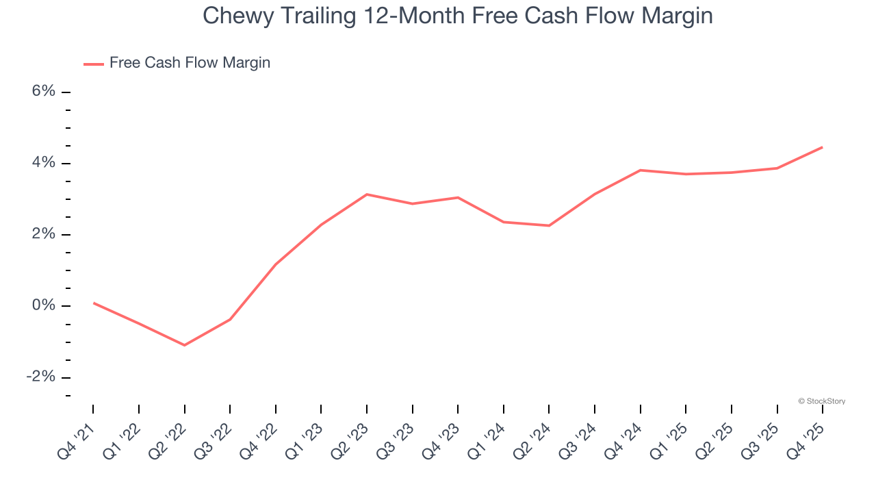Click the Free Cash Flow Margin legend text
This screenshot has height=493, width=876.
pos(190,63)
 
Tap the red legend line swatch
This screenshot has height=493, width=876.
pos(94,64)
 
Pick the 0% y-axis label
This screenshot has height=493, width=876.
pos(43,305)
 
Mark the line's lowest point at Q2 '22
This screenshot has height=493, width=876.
pos(184,345)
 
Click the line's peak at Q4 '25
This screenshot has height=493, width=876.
pos(823,147)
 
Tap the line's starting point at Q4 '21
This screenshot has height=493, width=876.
pos(93,303)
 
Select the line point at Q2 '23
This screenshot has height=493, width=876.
pos(367,194)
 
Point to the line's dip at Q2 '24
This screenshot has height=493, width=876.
pos(549,226)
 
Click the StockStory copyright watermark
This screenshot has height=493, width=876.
pos(821,401)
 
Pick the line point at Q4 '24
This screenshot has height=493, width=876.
pos(640,170)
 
